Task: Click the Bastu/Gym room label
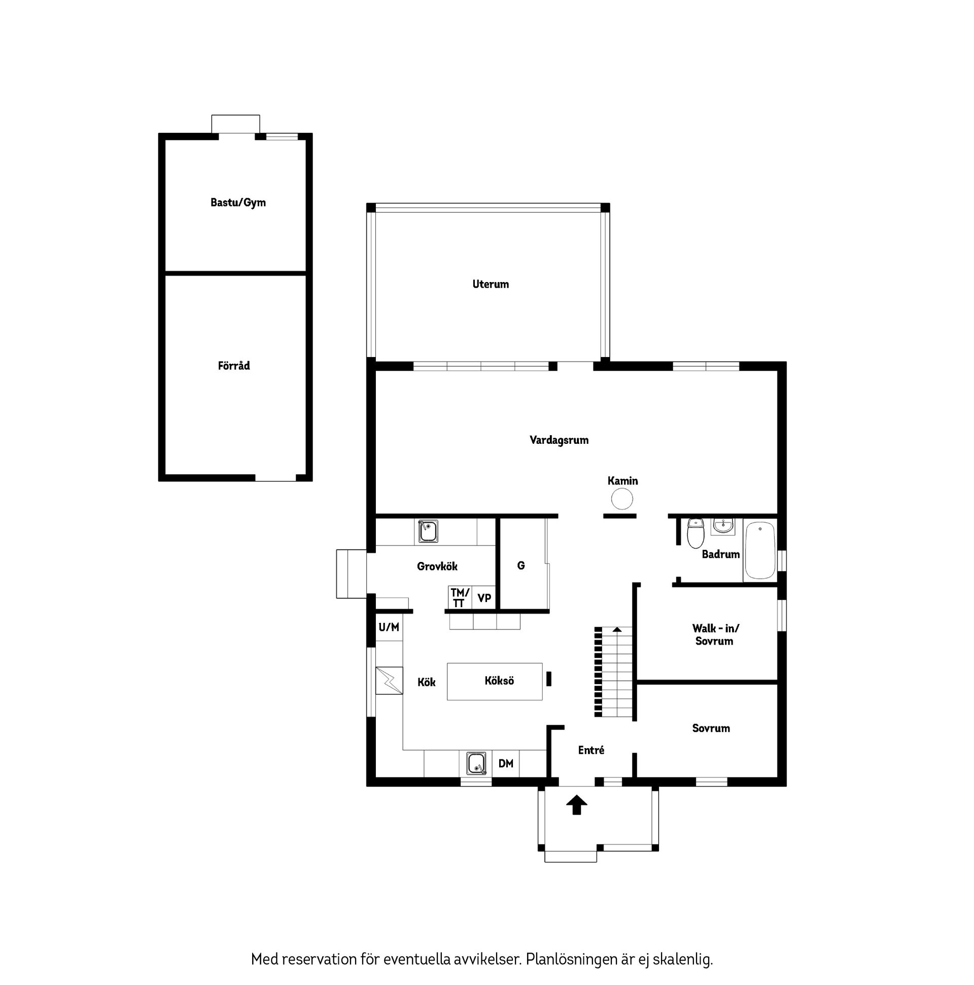[x=237, y=202]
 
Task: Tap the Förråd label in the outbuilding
[x=233, y=365]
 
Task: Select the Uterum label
[x=490, y=284]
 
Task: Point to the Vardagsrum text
[x=559, y=440]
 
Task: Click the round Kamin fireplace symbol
[x=621, y=498]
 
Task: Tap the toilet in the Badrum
[x=695, y=533]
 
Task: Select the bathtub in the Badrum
[x=759, y=550]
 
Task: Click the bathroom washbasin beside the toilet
[x=722, y=526]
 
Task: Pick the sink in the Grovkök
[x=427, y=531]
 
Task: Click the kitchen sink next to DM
[x=476, y=763]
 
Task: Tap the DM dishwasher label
[x=505, y=763]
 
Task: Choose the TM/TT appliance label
[x=459, y=597]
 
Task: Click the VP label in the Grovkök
[x=484, y=597]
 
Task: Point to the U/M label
[x=389, y=627]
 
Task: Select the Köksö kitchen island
[x=494, y=681]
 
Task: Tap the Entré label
[x=591, y=750]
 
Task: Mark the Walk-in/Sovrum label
[x=715, y=635]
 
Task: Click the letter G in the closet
[x=520, y=566]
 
